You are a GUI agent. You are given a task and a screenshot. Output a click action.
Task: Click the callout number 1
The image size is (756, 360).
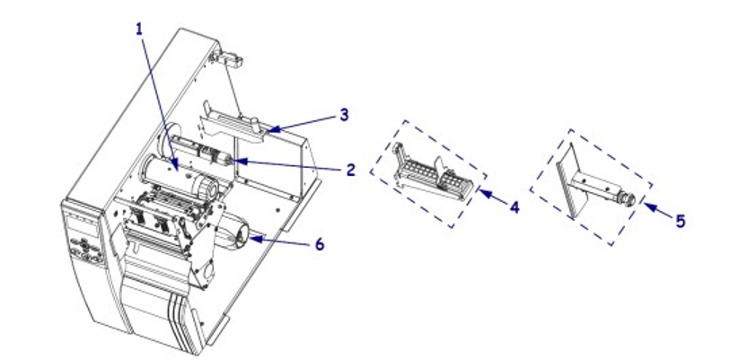click(x=139, y=29)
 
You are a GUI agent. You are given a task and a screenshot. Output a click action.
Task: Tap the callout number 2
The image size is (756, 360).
click(x=351, y=169)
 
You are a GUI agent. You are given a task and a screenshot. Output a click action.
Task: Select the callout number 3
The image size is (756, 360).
click(x=345, y=116)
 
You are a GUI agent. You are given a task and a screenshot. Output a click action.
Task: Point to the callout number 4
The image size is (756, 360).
click(x=514, y=206)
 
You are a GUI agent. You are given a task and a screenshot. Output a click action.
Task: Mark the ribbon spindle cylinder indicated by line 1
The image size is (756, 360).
click(x=171, y=174)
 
